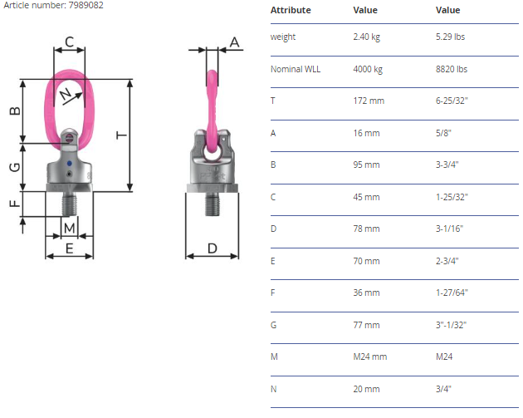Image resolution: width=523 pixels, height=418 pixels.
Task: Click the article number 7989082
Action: (x=86, y=5)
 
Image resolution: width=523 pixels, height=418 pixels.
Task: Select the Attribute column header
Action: (x=291, y=10)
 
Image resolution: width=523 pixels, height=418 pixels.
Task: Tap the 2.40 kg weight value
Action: (x=367, y=37)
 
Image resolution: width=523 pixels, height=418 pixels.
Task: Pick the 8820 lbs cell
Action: (x=452, y=69)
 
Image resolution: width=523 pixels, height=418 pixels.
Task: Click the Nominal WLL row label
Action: (x=296, y=69)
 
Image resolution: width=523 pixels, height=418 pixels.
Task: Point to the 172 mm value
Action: (x=369, y=101)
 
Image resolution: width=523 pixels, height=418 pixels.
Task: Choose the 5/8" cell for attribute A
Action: (x=443, y=133)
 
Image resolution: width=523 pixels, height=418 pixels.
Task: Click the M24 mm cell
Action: (x=370, y=357)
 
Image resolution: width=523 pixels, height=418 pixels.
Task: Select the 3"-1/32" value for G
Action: (x=451, y=325)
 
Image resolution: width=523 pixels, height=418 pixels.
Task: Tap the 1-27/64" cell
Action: (x=452, y=293)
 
